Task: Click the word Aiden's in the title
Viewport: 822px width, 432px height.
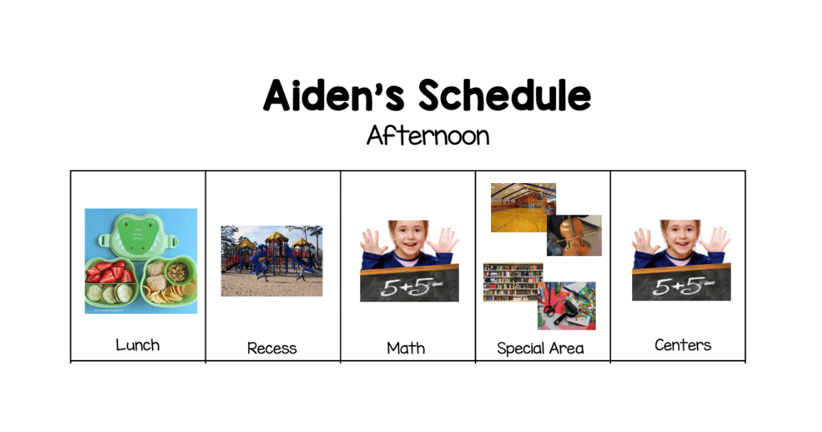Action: tap(334, 95)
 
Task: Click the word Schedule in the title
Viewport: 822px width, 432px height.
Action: tap(505, 95)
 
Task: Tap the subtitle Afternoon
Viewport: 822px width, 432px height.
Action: tap(428, 136)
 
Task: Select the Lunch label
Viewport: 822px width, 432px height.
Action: tap(138, 346)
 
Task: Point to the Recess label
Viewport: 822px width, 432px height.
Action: tap(272, 348)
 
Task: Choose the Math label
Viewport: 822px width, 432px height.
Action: tap(406, 348)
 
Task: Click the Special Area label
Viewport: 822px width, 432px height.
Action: tap(540, 348)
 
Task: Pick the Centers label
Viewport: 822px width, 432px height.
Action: tap(683, 346)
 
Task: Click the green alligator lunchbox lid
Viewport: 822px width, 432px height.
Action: tap(138, 235)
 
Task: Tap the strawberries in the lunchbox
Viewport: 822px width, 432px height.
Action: tap(110, 272)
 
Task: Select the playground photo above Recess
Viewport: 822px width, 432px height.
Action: tap(272, 261)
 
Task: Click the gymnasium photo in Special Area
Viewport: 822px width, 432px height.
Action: tap(523, 208)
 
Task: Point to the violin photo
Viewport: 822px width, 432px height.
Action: tap(574, 235)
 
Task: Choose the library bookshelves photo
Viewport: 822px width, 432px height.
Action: tap(513, 282)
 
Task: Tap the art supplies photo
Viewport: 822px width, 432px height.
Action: tap(567, 306)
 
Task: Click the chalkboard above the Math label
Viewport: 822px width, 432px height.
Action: tap(410, 284)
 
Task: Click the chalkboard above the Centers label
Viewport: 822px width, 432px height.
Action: tap(682, 283)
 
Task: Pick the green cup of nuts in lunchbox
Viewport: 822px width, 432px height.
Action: tap(178, 272)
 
